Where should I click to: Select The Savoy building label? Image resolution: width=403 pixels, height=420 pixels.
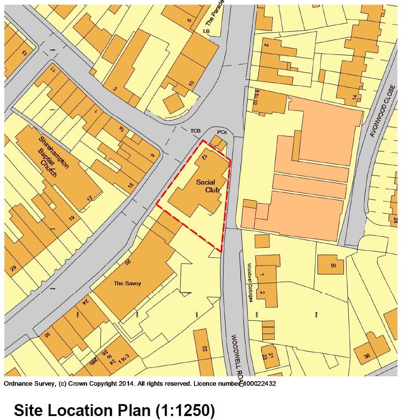coord(127,283)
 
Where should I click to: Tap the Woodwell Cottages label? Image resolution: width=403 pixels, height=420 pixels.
coord(250,283)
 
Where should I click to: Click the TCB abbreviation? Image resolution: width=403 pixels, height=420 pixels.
coord(195,131)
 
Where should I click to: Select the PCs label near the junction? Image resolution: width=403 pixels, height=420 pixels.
coord(222,132)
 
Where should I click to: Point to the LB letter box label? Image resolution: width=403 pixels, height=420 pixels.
coord(205,31)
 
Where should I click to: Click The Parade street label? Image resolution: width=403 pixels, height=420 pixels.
coord(215,12)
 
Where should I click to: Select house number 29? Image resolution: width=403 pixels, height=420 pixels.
coord(13,268)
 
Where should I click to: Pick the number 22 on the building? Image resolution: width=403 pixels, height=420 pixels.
coord(205,348)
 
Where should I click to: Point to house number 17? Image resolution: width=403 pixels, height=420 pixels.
coord(90,199)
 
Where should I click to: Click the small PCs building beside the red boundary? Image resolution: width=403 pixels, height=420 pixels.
coord(217,142)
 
